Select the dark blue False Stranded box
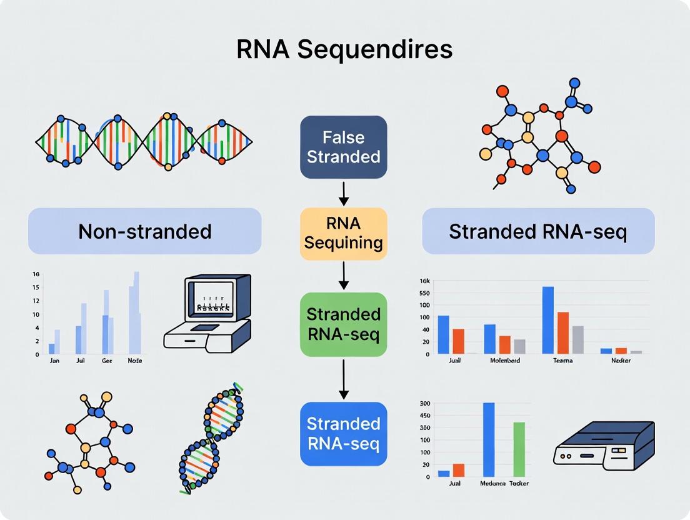344,146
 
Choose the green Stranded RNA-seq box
344,324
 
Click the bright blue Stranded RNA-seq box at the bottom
344,434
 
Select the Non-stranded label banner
145,231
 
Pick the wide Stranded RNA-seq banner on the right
538,231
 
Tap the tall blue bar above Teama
548,320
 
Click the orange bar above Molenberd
505,344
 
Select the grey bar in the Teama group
578,339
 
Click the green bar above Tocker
519,449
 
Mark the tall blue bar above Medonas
489,439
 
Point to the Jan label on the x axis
55,361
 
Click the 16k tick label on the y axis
424,281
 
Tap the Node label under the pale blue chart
135,361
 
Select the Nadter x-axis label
621,361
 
